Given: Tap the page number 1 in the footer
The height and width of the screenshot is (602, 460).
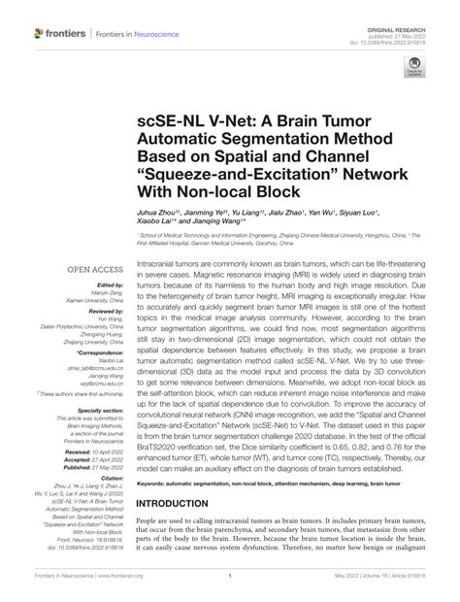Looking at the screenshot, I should (230, 588).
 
